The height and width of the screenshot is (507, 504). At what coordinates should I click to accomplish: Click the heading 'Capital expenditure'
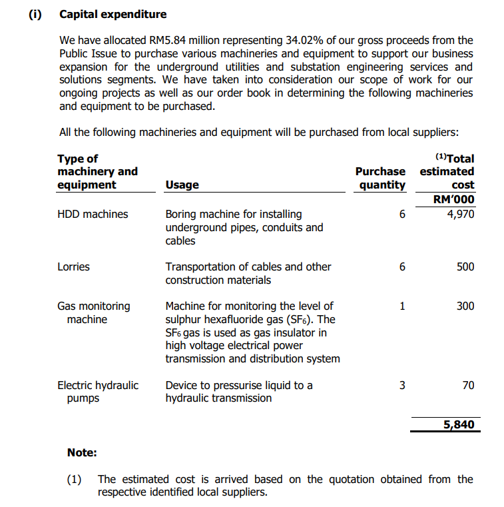click(x=113, y=14)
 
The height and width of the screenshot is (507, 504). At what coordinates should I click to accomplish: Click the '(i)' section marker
click(x=34, y=14)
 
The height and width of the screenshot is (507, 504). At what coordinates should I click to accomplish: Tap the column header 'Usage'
click(x=182, y=185)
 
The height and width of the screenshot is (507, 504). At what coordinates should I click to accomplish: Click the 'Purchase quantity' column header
click(x=380, y=178)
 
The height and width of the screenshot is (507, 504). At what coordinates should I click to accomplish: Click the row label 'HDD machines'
click(x=93, y=214)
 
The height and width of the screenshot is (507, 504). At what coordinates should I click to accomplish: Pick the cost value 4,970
click(x=461, y=214)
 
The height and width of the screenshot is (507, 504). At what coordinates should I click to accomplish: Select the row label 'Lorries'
click(x=73, y=266)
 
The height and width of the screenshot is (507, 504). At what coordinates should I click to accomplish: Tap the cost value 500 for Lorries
click(x=465, y=266)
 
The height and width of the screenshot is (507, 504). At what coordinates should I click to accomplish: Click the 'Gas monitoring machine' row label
click(x=93, y=312)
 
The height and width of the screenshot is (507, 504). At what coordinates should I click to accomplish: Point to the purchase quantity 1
click(x=401, y=306)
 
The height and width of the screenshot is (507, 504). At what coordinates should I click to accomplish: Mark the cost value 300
click(x=465, y=306)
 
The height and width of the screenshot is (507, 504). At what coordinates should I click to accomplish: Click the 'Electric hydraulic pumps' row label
click(x=97, y=392)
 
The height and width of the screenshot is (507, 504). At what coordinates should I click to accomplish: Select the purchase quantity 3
click(x=401, y=385)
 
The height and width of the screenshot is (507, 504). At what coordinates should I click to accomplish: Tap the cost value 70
click(x=468, y=385)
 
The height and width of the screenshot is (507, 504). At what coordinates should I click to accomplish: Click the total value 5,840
click(x=459, y=424)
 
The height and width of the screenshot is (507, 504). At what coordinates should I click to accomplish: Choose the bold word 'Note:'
click(x=82, y=452)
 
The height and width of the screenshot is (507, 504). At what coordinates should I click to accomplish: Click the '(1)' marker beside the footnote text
click(x=75, y=479)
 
